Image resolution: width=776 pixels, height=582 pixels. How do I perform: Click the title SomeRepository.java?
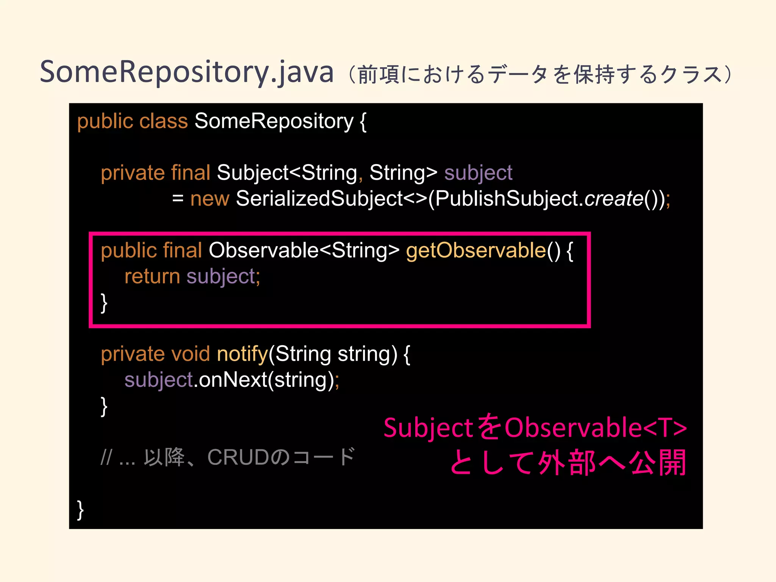click(187, 72)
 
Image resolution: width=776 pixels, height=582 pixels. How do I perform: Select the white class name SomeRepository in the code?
click(274, 121)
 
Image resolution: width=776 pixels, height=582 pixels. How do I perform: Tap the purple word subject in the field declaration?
click(478, 173)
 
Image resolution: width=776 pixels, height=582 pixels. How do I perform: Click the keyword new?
click(210, 199)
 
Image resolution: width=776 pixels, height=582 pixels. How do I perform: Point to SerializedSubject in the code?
click(319, 199)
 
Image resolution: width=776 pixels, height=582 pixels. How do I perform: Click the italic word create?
click(614, 199)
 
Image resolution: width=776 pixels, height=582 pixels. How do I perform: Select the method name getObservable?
click(476, 250)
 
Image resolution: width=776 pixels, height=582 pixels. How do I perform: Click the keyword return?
click(152, 276)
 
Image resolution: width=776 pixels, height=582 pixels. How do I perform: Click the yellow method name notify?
click(242, 354)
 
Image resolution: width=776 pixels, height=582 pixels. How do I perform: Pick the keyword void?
click(191, 354)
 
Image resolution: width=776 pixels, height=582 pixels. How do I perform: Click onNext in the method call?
click(233, 380)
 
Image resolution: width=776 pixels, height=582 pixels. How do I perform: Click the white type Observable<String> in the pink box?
click(304, 250)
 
